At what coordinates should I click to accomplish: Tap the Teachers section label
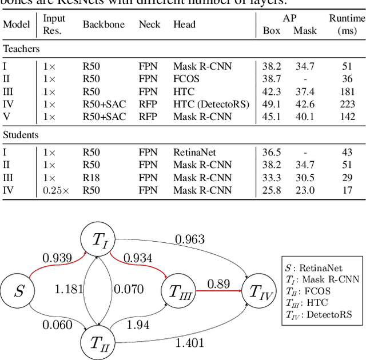coord(21,49)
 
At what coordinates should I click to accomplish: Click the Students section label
coord(21,135)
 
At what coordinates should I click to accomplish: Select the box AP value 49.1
coord(271,104)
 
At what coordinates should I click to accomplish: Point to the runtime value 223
coord(347,104)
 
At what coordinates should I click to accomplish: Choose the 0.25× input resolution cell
coord(55,190)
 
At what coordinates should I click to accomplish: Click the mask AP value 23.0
coord(305,190)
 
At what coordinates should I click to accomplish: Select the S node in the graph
coord(19,292)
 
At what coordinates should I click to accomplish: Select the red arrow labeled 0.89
coord(218,291)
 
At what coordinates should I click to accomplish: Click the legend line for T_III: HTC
coord(312,303)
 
